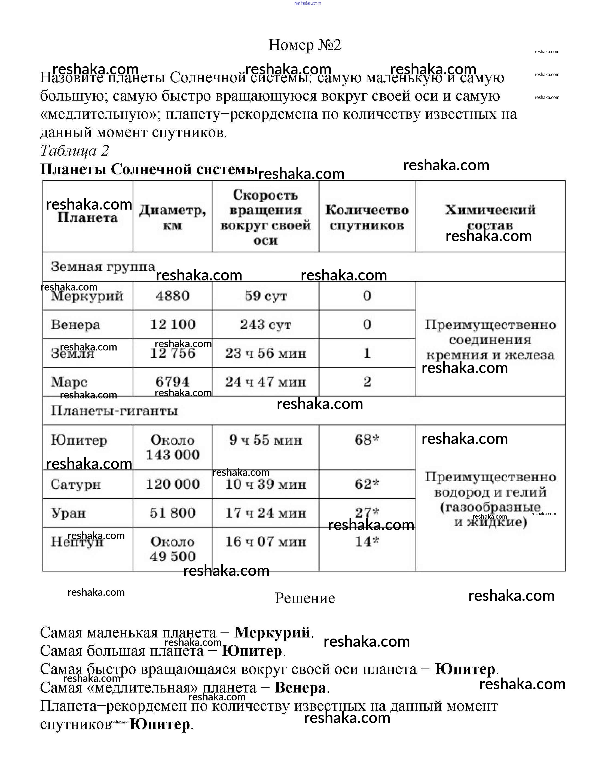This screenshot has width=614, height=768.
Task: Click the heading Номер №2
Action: coord(305,45)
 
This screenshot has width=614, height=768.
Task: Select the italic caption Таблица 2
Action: coord(74,151)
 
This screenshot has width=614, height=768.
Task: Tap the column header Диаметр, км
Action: coord(173,217)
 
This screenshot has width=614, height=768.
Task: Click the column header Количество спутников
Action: coord(367,217)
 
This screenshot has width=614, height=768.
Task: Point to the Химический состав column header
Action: coord(490,217)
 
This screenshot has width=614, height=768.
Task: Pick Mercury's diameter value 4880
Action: coord(173,296)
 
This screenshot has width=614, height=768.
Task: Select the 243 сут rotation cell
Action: coord(265,325)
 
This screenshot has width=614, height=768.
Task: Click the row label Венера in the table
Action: coord(75,325)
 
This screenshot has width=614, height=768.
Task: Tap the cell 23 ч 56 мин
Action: coord(265,353)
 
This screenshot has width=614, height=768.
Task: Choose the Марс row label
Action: coord(69,382)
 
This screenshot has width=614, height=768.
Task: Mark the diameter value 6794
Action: coord(173,382)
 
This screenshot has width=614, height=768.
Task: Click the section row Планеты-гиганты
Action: coord(114,411)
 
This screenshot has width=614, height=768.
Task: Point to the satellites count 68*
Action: coord(367,440)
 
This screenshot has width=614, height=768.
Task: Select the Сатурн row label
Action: coord(76,484)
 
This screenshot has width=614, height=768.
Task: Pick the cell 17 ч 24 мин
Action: coord(265,513)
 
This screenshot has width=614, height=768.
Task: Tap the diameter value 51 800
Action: coord(173,513)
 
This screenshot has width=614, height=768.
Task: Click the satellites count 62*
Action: coord(367,484)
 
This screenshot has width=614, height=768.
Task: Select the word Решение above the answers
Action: coord(305,598)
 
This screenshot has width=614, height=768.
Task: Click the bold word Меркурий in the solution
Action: coord(272,633)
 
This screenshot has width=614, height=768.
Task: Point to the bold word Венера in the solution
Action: coord(300,688)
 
